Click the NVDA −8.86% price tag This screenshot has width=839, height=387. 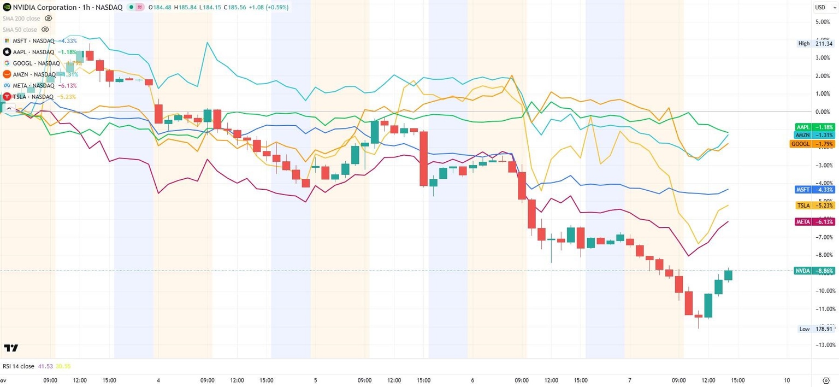click(x=814, y=271)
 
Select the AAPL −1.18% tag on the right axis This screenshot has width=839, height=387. click(x=814, y=127)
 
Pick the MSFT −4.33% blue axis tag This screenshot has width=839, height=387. click(x=814, y=189)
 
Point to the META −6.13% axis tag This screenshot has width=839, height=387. click(x=814, y=221)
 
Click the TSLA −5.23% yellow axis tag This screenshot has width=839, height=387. click(x=814, y=206)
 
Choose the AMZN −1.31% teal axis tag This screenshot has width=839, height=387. click(x=814, y=135)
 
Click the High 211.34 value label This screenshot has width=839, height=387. click(x=813, y=44)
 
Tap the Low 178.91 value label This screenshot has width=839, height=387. click(x=813, y=329)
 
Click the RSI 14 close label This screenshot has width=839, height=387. click(x=19, y=366)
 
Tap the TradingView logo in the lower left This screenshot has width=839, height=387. click(x=11, y=348)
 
